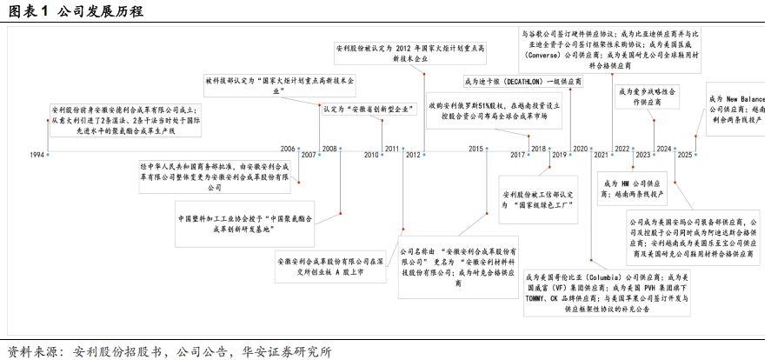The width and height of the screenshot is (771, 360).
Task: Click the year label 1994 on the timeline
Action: [37, 155]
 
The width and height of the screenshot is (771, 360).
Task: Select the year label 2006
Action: [288, 149]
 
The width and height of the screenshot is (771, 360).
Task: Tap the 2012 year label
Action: [414, 155]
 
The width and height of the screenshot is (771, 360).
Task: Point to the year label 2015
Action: [475, 149]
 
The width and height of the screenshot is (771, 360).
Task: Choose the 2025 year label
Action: [685, 155]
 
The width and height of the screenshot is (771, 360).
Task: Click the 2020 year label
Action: [581, 149]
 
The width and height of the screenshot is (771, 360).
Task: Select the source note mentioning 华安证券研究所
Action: [165, 351]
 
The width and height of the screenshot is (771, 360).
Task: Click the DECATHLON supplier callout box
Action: [522, 81]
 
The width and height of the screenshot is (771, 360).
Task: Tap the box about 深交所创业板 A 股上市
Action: [330, 266]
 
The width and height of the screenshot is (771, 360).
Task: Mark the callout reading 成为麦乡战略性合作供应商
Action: [650, 97]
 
